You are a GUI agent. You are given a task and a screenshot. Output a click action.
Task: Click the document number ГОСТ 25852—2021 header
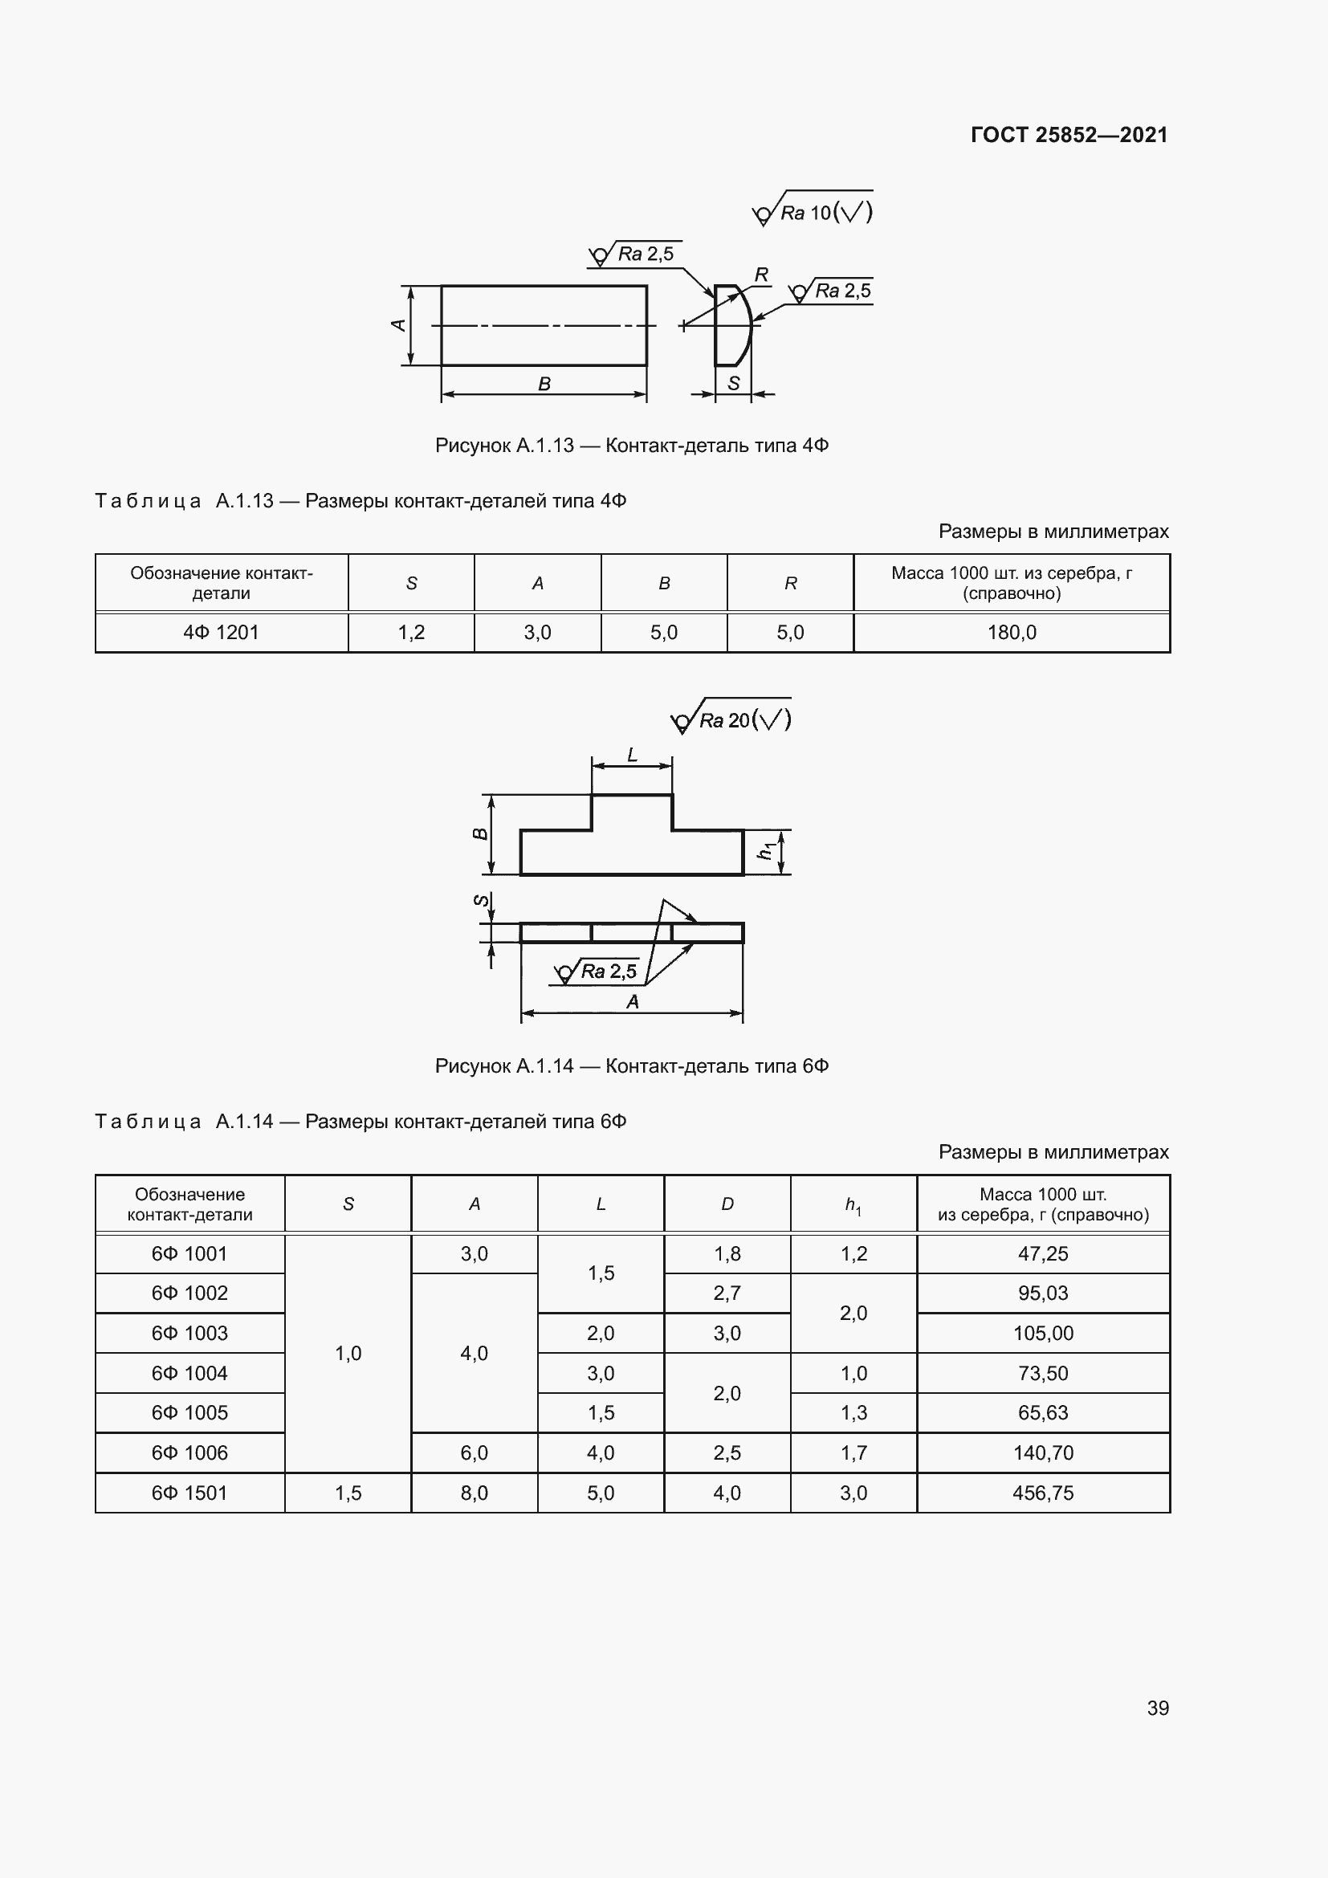1069,135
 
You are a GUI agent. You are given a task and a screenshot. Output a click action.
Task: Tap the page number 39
1157,1708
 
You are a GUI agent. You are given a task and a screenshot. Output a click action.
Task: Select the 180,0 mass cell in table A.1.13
1012,632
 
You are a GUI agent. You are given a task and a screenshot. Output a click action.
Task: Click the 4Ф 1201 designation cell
221,632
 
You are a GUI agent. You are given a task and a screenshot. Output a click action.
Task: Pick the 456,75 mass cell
1043,1493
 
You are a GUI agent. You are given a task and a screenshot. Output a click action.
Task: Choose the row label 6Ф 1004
189,1373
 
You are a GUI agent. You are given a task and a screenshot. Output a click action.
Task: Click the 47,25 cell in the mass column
1043,1254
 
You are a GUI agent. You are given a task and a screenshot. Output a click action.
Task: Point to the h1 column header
853,1205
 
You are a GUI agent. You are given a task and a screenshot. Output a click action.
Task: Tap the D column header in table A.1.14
727,1204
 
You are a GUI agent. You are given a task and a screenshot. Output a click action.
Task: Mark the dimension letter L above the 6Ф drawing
632,755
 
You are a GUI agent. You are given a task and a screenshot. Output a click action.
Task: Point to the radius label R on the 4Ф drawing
761,275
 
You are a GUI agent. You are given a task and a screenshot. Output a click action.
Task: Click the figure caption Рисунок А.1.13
631,446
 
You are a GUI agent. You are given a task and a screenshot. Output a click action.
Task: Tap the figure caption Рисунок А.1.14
631,1066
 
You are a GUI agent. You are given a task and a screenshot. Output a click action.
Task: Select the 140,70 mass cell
1043,1452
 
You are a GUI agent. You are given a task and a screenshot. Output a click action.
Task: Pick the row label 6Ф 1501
189,1493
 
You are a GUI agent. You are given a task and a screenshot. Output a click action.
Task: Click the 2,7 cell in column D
727,1293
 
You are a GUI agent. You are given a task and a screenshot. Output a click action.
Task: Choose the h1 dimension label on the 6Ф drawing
765,851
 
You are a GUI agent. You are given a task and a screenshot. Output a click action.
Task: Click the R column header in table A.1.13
790,583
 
